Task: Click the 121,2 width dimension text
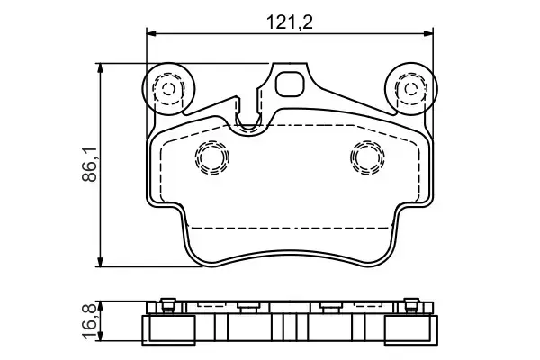click(290, 21)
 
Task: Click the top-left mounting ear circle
click(167, 88)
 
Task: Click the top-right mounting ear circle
click(409, 88)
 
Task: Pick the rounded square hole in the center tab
click(290, 85)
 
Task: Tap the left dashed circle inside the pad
click(212, 158)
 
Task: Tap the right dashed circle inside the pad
click(366, 158)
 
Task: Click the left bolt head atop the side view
click(166, 303)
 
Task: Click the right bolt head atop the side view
click(411, 303)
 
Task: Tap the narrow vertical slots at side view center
click(289, 324)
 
